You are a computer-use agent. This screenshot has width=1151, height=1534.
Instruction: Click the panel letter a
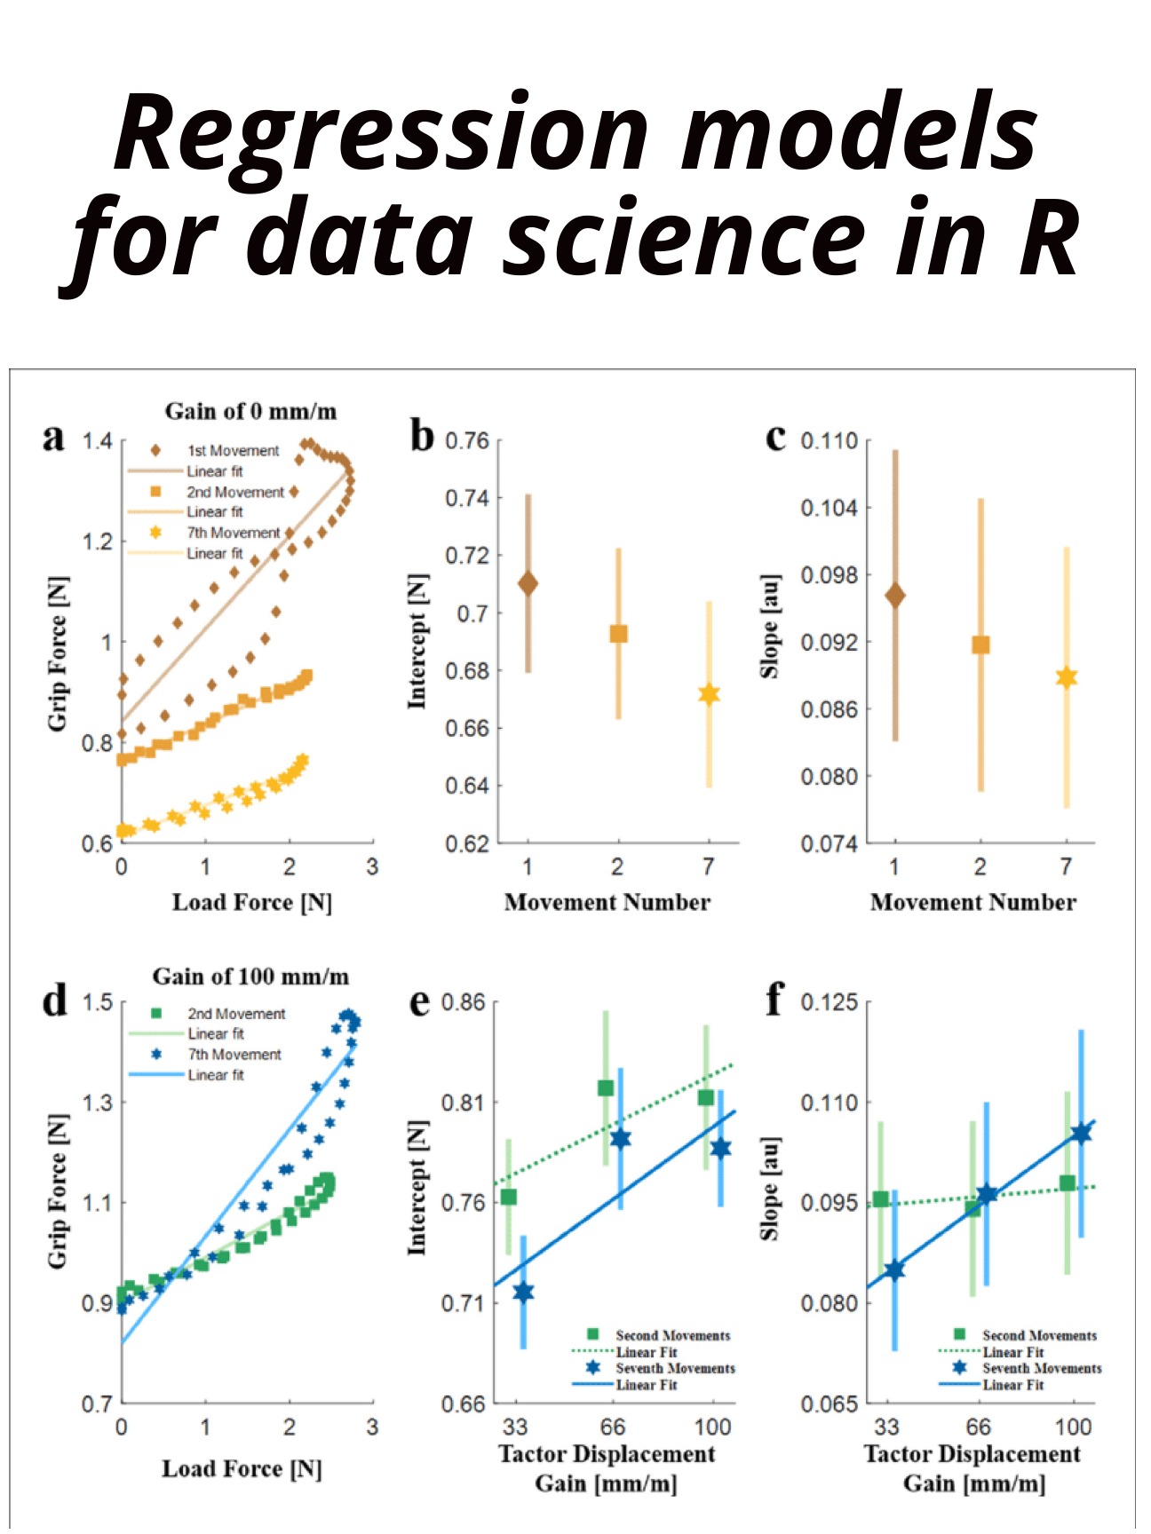pyautogui.click(x=54, y=437)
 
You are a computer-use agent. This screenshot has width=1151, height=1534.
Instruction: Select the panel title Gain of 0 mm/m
pyautogui.click(x=250, y=411)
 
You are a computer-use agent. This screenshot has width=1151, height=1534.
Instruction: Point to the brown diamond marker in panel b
pyautogui.click(x=528, y=583)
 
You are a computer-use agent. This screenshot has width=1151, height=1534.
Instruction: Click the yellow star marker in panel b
pyautogui.click(x=709, y=694)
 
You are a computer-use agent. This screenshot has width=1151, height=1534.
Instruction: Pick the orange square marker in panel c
pyautogui.click(x=980, y=644)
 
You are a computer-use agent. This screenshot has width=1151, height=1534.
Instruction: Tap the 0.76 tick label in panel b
pyautogui.click(x=467, y=441)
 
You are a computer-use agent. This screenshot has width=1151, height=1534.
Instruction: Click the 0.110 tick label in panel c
pyautogui.click(x=830, y=441)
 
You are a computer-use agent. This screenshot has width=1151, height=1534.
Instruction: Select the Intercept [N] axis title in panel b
pyautogui.click(x=417, y=641)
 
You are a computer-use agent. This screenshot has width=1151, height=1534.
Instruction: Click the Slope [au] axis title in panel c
pyautogui.click(x=770, y=625)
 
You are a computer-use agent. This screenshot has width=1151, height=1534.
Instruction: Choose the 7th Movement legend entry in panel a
pyautogui.click(x=233, y=533)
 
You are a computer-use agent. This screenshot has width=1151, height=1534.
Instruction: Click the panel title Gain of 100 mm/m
pyautogui.click(x=250, y=977)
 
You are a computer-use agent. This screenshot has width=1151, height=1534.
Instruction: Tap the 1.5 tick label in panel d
pyautogui.click(x=98, y=1002)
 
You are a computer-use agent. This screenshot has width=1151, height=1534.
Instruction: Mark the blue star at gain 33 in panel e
pyautogui.click(x=523, y=1292)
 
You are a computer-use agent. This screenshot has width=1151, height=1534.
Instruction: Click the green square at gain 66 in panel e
pyautogui.click(x=606, y=1087)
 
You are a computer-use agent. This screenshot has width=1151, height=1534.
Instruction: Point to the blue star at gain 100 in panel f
pyautogui.click(x=1081, y=1133)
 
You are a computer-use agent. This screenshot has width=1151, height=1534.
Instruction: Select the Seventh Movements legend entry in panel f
pyautogui.click(x=1041, y=1368)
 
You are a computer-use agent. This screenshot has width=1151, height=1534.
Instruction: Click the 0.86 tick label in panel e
pyautogui.click(x=464, y=1002)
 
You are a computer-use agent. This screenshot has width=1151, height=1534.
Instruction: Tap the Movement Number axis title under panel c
pyautogui.click(x=972, y=902)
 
